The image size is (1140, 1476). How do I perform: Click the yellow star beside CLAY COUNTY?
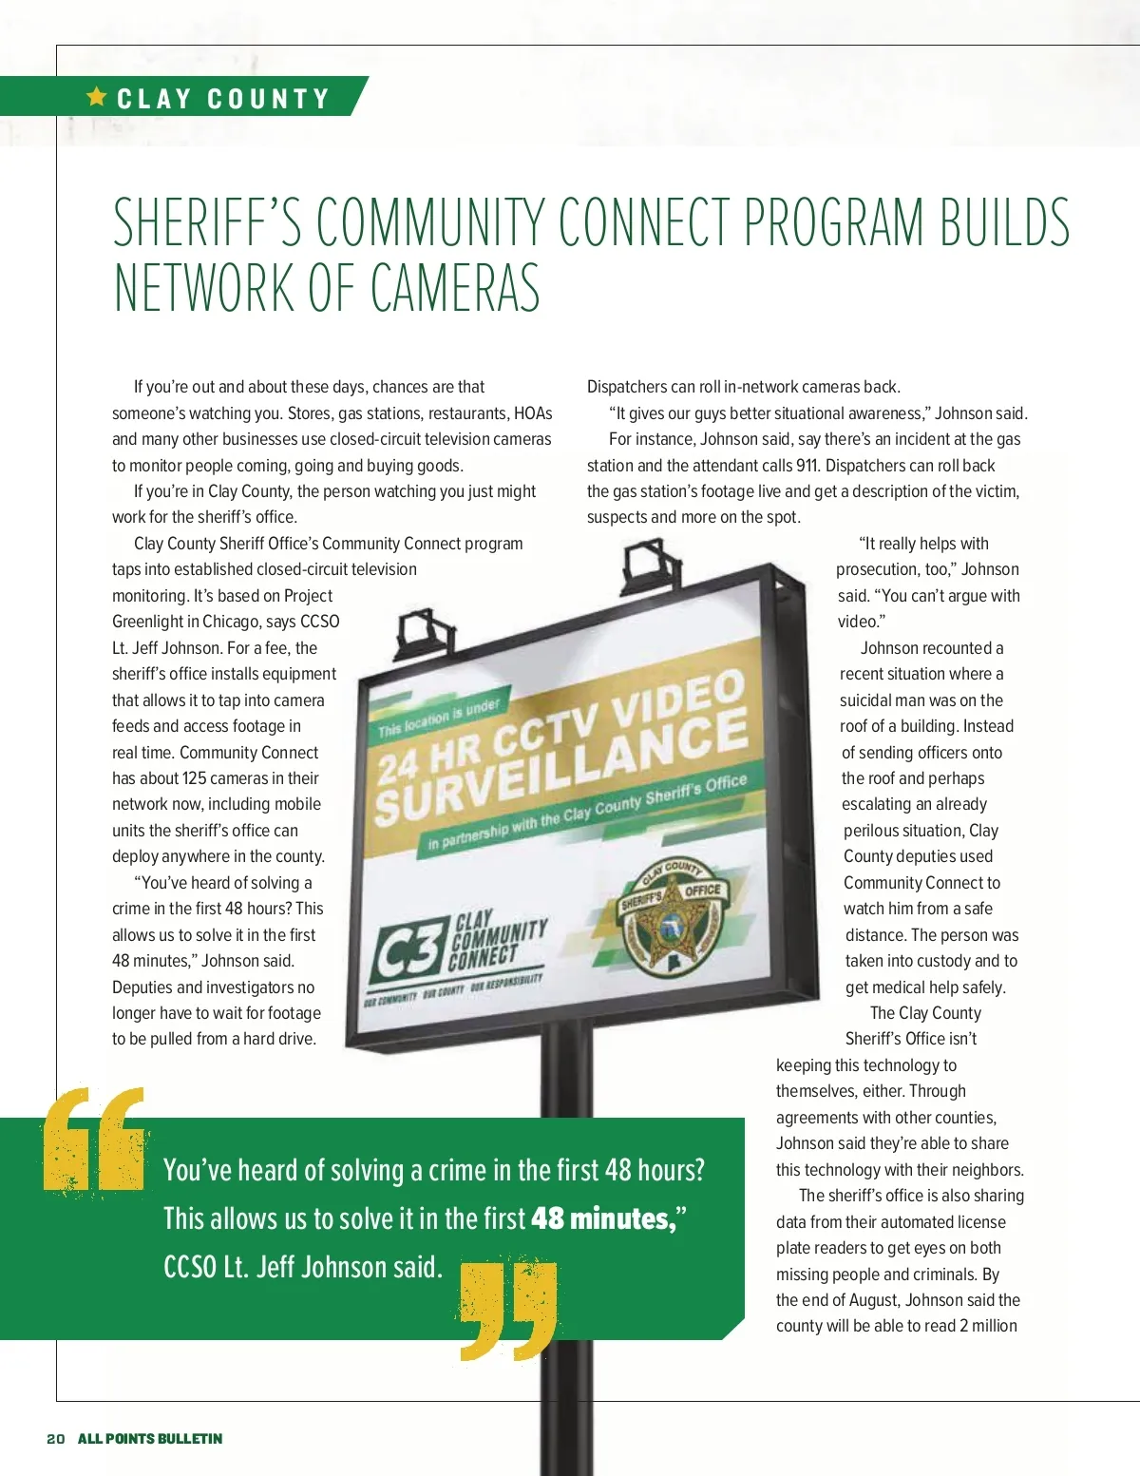coord(97,97)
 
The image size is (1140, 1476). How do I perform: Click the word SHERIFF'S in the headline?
coord(207,222)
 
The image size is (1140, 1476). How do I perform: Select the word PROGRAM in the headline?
coord(834,222)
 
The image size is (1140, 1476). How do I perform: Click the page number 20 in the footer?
coord(56,1439)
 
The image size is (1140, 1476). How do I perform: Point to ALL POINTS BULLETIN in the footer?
coord(150,1439)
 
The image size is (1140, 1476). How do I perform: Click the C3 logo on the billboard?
coord(408,952)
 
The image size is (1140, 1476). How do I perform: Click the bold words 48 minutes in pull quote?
coord(604,1218)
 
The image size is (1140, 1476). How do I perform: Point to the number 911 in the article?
coord(807,466)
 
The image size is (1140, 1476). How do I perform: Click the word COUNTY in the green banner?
coord(268,99)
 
